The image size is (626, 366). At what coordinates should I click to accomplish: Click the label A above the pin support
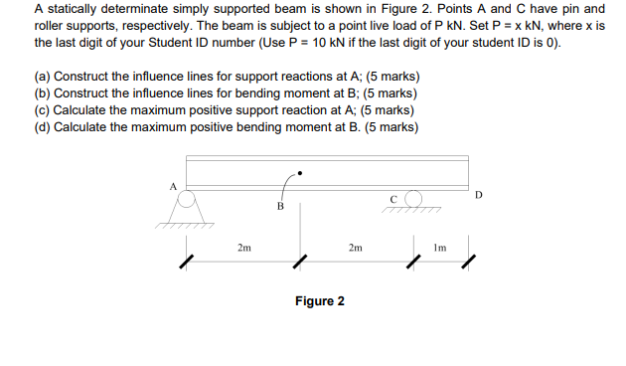[172, 185]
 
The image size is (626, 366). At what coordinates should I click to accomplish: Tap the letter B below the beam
[280, 207]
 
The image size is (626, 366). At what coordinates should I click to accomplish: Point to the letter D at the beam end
[478, 194]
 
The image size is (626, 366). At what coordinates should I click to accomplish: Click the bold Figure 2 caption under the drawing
[319, 300]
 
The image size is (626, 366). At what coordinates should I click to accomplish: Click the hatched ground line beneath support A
[185, 225]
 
